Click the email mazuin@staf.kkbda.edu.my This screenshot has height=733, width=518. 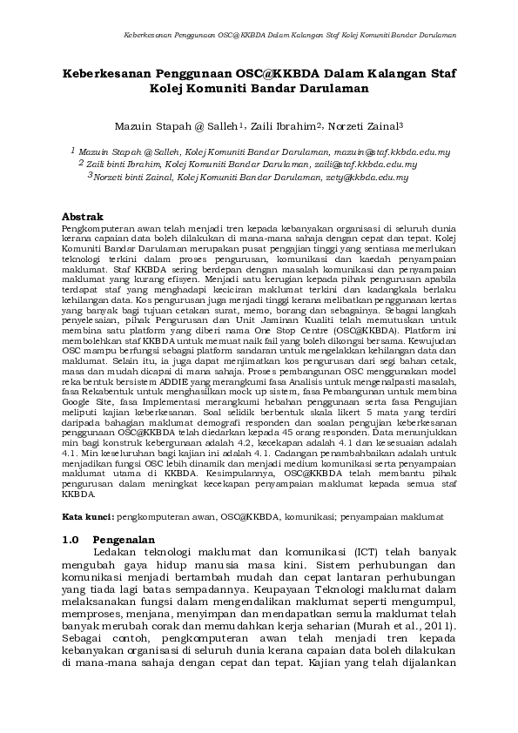coord(391,152)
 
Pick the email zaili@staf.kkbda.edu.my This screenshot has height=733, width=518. coord(366,165)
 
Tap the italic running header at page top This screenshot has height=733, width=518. coord(291,36)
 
